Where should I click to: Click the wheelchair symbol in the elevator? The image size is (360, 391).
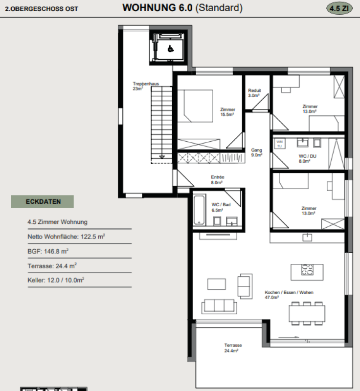[170, 49]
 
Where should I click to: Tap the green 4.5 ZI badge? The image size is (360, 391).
[339, 8]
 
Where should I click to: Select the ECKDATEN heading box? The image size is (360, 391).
[43, 201]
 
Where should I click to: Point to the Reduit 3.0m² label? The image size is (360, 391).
[254, 93]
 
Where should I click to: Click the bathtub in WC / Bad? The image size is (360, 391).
[199, 210]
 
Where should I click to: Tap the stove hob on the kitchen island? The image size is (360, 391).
[307, 270]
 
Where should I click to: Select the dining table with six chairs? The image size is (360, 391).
[307, 313]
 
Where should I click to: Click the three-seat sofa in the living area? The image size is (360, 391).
[219, 306]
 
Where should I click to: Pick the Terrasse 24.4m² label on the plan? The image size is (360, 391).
[233, 348]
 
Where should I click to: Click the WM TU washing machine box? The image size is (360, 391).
[279, 144]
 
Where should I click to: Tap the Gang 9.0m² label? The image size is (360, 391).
[256, 152]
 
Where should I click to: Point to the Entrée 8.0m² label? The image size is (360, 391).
[218, 179]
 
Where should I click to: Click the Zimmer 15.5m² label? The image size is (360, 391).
[227, 112]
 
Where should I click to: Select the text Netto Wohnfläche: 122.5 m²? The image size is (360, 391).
[67, 237]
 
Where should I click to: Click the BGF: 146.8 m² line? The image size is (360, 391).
[48, 251]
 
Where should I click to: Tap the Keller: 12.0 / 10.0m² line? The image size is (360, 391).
[56, 280]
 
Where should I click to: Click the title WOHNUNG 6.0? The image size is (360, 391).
[157, 8]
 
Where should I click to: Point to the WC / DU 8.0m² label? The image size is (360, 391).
[307, 158]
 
